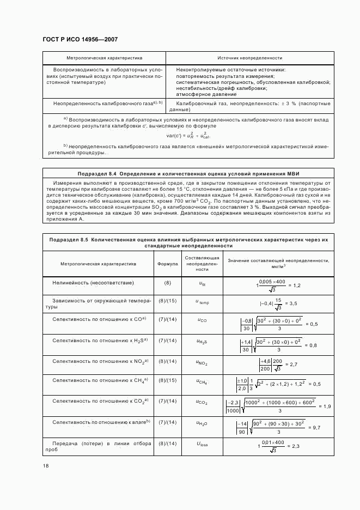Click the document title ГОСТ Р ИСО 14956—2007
pos(80,40)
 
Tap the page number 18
pos(46,466)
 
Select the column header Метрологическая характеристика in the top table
pos(104,57)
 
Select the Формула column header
pos(168,263)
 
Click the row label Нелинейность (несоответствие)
pos(93,283)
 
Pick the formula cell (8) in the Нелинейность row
pos(168,283)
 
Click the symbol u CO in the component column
pos(202,320)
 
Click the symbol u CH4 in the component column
pos(202,382)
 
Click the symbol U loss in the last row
pos(202,444)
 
